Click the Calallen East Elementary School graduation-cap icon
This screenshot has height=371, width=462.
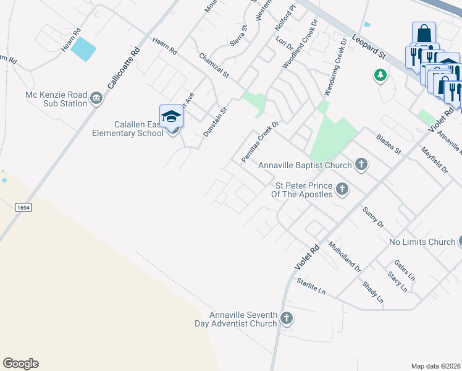(x=172, y=116)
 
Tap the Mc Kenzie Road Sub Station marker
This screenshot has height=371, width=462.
(x=96, y=99)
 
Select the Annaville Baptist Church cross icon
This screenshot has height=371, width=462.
(x=361, y=165)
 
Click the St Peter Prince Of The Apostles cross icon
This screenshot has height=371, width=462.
(x=342, y=190)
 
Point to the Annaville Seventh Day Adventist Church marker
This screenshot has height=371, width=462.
(x=286, y=319)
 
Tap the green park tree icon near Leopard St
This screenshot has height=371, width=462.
(x=380, y=75)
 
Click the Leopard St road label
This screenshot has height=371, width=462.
(x=369, y=47)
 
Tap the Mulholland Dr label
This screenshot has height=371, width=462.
(x=345, y=257)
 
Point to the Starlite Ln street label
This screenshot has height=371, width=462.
(x=310, y=286)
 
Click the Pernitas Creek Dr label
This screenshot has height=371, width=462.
(x=260, y=142)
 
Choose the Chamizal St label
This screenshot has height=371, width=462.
(x=214, y=65)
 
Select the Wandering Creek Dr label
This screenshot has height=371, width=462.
(x=334, y=67)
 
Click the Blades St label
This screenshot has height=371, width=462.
(x=388, y=143)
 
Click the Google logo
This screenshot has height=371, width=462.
(x=20, y=364)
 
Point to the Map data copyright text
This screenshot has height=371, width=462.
(x=436, y=366)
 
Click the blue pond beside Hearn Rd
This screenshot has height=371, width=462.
(x=83, y=49)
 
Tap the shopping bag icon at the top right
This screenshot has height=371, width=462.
(x=424, y=33)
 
